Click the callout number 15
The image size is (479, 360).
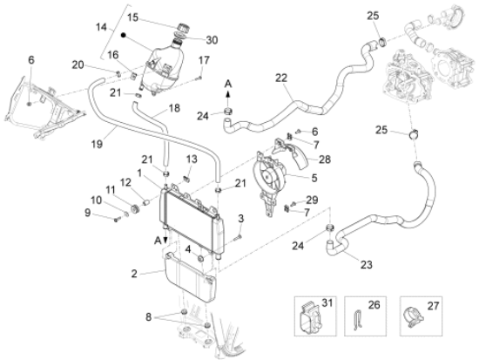click(133, 17)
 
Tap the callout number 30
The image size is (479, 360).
click(212, 40)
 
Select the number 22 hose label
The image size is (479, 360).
click(281, 78)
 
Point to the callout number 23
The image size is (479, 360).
click(367, 264)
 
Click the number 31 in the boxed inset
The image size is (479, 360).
click(327, 302)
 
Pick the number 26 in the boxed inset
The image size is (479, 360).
click(374, 304)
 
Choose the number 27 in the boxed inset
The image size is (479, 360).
click(433, 306)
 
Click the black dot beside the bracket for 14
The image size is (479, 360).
click(124, 35)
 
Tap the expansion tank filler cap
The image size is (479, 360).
click(184, 27)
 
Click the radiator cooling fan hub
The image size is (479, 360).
click(268, 176)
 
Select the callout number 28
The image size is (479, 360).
click(325, 160)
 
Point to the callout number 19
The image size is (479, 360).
click(97, 144)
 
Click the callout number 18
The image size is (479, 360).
click(174, 108)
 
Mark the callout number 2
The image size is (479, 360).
click(134, 274)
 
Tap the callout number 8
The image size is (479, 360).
click(148, 317)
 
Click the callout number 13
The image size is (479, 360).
click(192, 159)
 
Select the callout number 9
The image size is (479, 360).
click(88, 213)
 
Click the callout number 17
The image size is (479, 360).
click(204, 60)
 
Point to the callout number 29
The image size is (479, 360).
click(312, 200)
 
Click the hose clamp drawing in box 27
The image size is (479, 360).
click(414, 317)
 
